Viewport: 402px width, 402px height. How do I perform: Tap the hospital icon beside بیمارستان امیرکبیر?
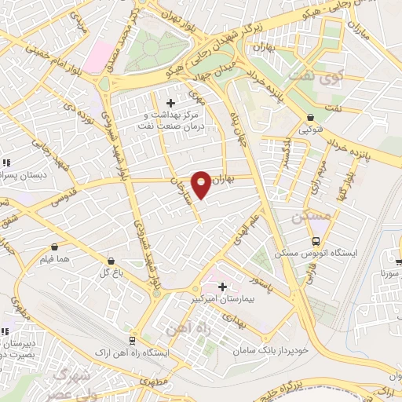click(x=222, y=287)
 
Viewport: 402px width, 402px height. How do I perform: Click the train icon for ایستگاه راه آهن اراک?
click(x=131, y=339)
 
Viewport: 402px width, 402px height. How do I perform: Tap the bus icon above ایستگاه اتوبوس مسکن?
click(x=315, y=242)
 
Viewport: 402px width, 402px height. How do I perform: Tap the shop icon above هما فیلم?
click(x=53, y=246)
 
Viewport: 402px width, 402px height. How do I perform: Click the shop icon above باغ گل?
click(x=111, y=260)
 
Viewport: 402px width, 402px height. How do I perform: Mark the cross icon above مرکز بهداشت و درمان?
click(x=171, y=103)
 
